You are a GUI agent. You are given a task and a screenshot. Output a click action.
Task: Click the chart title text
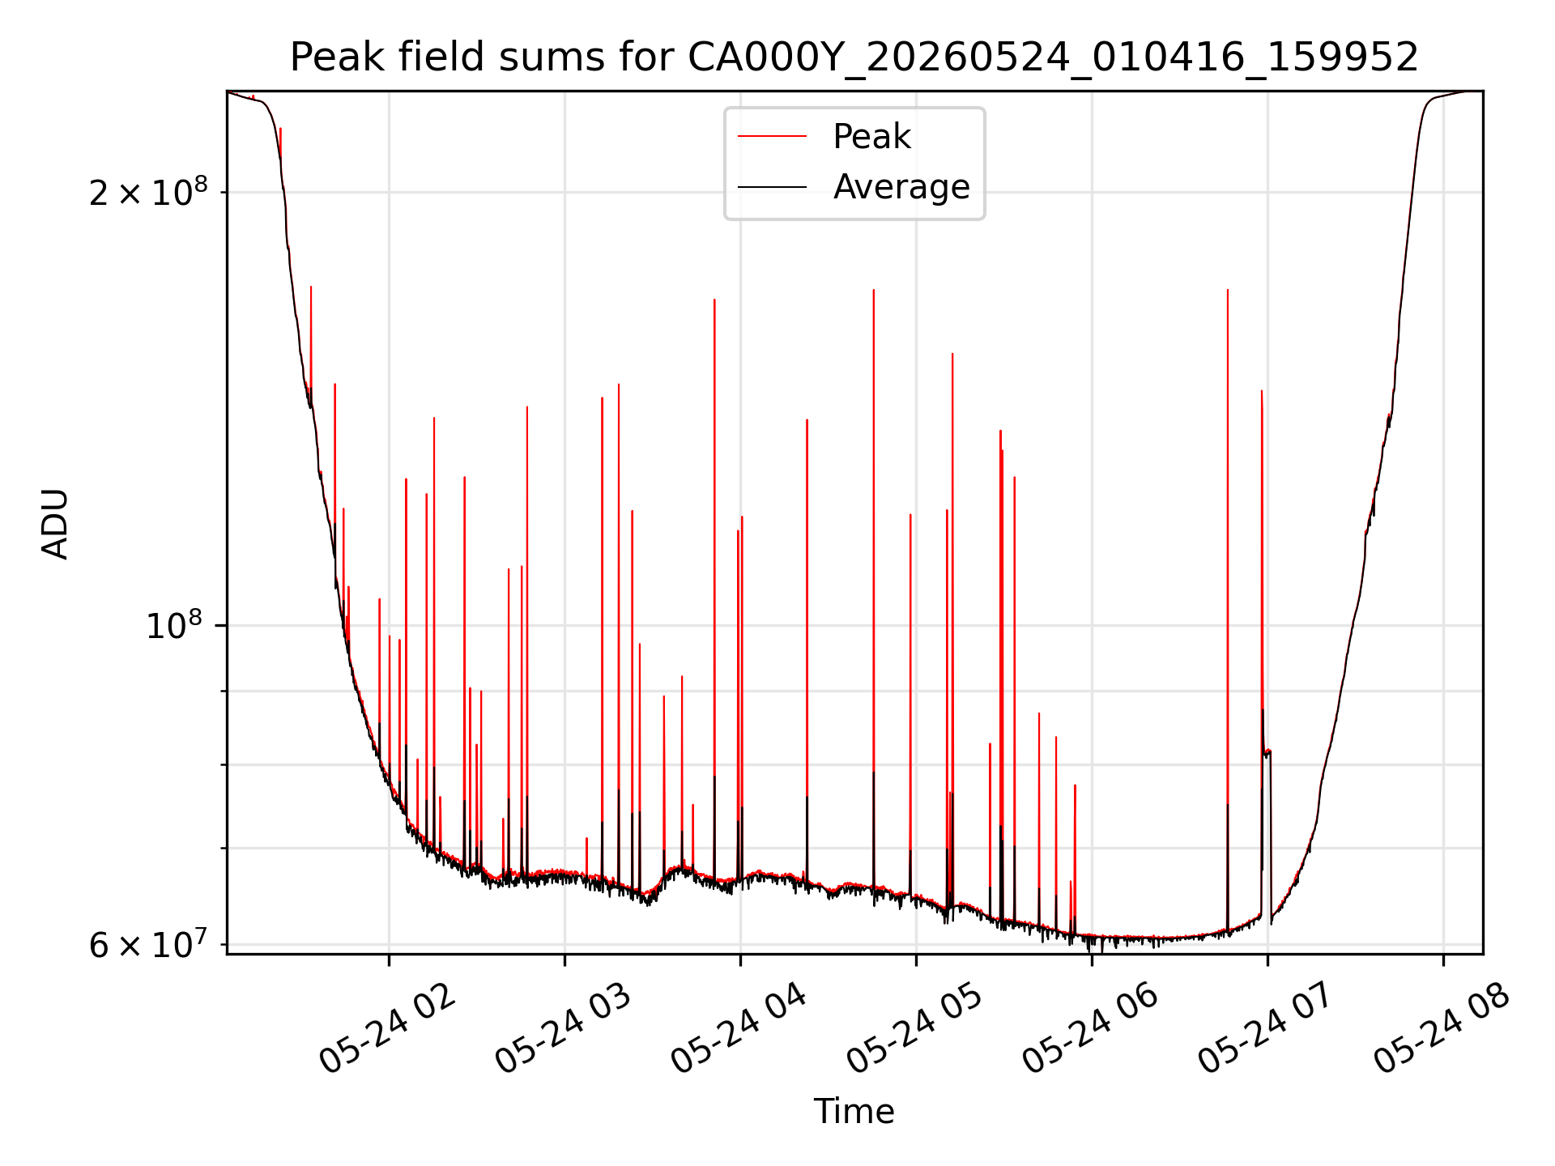pyautogui.click(x=854, y=57)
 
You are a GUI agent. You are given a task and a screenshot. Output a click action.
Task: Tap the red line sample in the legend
pyautogui.click(x=772, y=137)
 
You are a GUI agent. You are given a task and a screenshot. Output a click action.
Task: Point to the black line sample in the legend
pyautogui.click(x=772, y=187)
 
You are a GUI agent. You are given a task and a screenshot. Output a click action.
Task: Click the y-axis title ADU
pyautogui.click(x=55, y=523)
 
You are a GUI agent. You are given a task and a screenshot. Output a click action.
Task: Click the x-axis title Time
pyautogui.click(x=854, y=1112)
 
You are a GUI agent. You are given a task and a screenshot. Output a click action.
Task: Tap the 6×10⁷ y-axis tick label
pyautogui.click(x=148, y=943)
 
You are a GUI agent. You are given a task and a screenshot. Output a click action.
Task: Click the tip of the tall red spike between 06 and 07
pyautogui.click(x=1228, y=290)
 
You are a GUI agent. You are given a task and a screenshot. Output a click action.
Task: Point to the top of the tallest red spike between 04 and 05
pyautogui.click(x=874, y=290)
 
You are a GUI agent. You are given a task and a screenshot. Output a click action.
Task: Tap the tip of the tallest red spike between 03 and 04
pyautogui.click(x=714, y=300)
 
